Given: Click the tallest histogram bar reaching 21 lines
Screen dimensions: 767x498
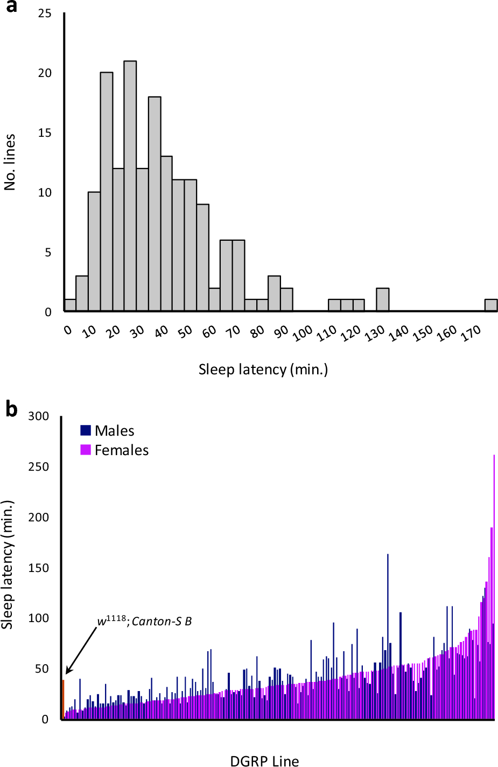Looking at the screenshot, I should coord(130,186).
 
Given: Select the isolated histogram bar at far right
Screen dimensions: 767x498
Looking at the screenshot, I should coord(490,305).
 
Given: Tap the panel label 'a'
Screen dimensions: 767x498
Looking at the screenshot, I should coord(10,6).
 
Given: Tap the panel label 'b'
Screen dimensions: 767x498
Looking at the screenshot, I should coord(11,409).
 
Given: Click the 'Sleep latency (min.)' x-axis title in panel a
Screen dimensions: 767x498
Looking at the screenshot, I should coord(263,369).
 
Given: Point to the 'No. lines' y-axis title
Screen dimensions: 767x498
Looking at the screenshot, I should coord(10,162).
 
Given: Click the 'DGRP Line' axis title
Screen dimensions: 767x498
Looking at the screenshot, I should coord(264,761).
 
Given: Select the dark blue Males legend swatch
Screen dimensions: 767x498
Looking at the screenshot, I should coord(86,430).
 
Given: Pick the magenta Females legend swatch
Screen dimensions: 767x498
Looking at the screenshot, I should coord(86,450).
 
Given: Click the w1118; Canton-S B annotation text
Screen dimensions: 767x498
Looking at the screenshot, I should coord(144,621).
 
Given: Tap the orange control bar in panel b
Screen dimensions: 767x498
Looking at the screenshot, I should coord(63,699).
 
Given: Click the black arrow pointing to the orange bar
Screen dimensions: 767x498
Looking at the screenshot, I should coord(81,650).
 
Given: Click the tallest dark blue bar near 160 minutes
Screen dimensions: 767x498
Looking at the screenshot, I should coord(388,636).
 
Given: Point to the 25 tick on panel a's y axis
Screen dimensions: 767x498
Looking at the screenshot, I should coord(45,13).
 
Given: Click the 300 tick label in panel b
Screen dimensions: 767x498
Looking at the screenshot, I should coord(38,416).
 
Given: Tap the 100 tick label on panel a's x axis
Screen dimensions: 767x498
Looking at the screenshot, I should coord(303,333).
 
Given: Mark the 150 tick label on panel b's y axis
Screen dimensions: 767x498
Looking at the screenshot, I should coord(38,568).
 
